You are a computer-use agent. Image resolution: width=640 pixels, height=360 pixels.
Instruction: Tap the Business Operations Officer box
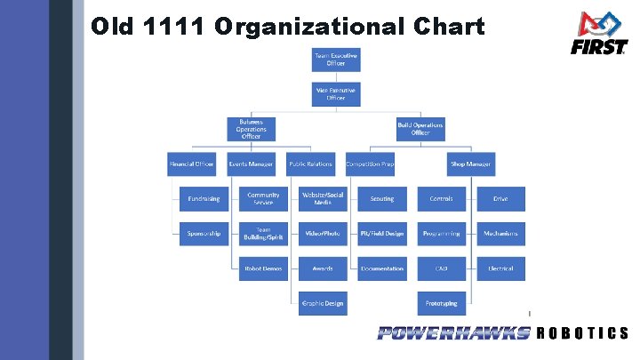click(251, 129)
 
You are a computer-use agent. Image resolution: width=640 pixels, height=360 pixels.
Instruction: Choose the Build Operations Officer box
click(420, 129)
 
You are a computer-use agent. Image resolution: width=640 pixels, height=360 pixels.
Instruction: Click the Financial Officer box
click(191, 164)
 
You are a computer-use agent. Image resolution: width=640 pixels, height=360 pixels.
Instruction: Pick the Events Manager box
click(251, 164)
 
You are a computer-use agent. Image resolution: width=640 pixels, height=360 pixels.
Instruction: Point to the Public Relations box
click(309, 164)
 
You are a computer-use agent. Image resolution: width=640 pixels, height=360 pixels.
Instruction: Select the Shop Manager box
click(471, 164)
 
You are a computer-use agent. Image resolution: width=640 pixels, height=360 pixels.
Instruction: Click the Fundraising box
click(204, 199)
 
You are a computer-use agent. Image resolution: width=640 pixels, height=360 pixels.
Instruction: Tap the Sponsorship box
click(204, 234)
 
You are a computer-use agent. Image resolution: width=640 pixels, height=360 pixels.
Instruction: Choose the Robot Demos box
click(263, 268)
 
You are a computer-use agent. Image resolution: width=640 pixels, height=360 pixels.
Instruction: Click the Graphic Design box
click(322, 303)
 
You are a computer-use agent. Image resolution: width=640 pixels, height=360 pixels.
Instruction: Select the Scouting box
click(382, 199)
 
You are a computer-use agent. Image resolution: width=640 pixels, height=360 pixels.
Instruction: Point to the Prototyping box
click(441, 303)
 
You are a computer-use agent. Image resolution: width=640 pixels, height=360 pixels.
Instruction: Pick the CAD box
click(441, 268)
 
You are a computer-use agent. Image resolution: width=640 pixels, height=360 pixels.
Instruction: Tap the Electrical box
click(500, 268)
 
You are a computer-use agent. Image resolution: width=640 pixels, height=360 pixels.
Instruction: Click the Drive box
click(500, 199)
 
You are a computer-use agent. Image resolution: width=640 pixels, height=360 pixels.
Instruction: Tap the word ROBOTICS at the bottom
click(583, 333)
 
